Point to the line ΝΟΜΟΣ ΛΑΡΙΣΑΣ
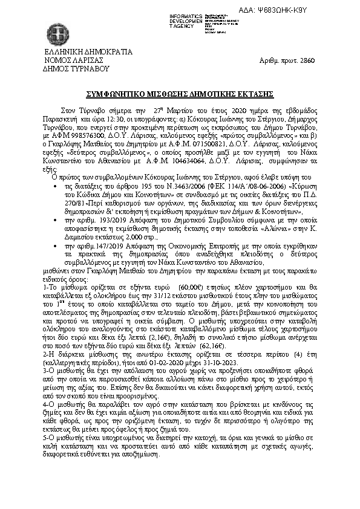[x=74, y=60]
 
